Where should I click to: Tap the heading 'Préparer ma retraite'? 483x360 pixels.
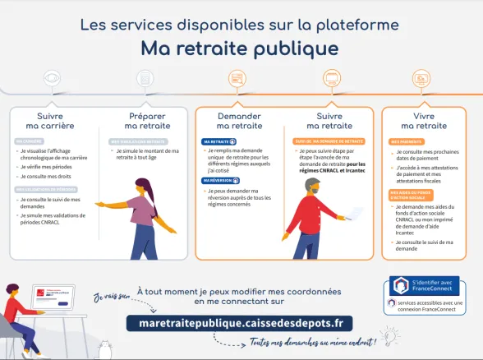coord(147,121)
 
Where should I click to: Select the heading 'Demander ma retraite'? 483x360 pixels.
coord(239,121)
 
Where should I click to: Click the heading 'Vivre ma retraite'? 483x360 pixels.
coord(424,121)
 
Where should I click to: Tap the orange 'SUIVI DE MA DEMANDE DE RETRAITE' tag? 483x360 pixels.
coord(329,141)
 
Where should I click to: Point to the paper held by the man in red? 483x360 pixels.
coord(353,213)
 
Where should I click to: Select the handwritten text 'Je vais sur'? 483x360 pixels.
coord(112,296)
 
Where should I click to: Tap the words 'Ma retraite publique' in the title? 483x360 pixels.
coord(239,48)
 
